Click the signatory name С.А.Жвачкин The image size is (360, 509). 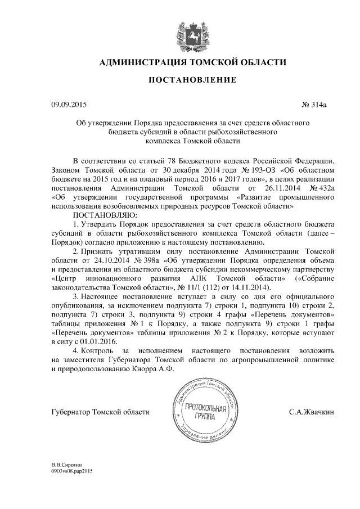[x=312, y=412]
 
